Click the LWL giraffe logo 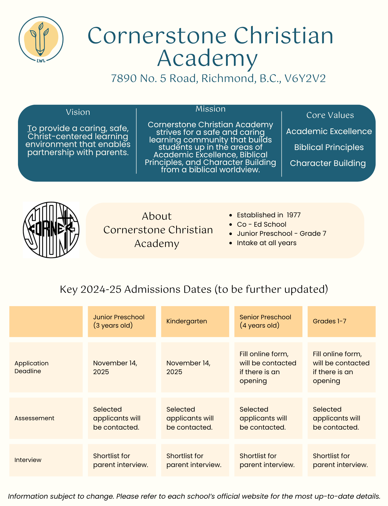[41, 39]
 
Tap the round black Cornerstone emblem [51, 230]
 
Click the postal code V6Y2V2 [305, 78]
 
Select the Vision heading [78, 112]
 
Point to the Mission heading [210, 109]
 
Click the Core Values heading [330, 115]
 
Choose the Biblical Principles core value [329, 147]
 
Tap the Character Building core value [328, 163]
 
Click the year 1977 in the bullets [294, 215]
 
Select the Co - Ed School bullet [261, 224]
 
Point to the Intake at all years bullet [267, 243]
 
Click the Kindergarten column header [187, 321]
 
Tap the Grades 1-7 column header [329, 321]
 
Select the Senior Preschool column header [265, 321]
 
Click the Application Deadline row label [31, 367]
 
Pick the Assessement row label [34, 418]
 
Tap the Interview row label [28, 460]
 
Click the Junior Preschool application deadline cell [115, 367]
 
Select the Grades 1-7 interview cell [340, 460]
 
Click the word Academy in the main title [207, 59]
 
